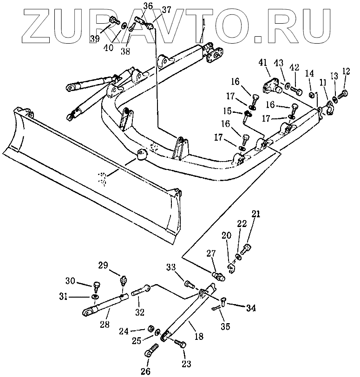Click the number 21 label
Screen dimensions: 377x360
click(256, 214)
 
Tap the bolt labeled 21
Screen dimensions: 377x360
click(246, 249)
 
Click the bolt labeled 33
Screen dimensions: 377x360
click(189, 283)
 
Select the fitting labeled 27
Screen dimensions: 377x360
click(218, 277)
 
